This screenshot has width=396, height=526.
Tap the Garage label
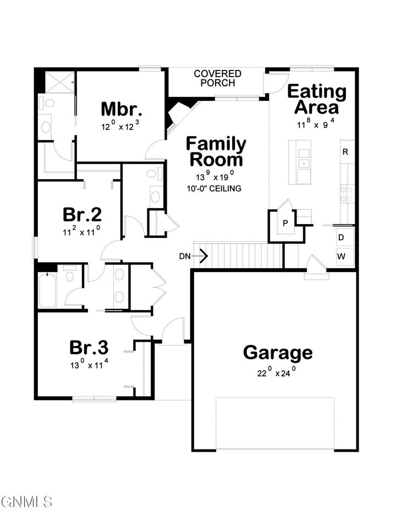pyautogui.click(x=278, y=352)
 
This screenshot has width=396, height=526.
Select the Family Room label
pyautogui.click(x=216, y=151)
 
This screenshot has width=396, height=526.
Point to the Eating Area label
pyautogui.click(x=317, y=99)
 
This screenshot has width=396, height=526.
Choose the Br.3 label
pyautogui.click(x=89, y=348)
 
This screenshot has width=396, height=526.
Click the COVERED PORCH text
pyautogui.click(x=217, y=78)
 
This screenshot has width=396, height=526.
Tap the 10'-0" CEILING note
pyautogui.click(x=214, y=188)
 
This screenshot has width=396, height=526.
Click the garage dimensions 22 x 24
pyautogui.click(x=278, y=372)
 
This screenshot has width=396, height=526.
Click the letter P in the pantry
pyautogui.click(x=285, y=223)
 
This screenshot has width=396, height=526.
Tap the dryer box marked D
pyautogui.click(x=341, y=237)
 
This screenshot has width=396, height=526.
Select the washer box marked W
pyautogui.click(x=341, y=256)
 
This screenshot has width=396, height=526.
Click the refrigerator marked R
pyautogui.click(x=345, y=152)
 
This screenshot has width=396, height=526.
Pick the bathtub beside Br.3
pyautogui.click(x=47, y=290)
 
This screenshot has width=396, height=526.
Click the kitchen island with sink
pyautogui.click(x=302, y=162)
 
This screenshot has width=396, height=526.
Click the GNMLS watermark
pyautogui.click(x=26, y=502)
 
